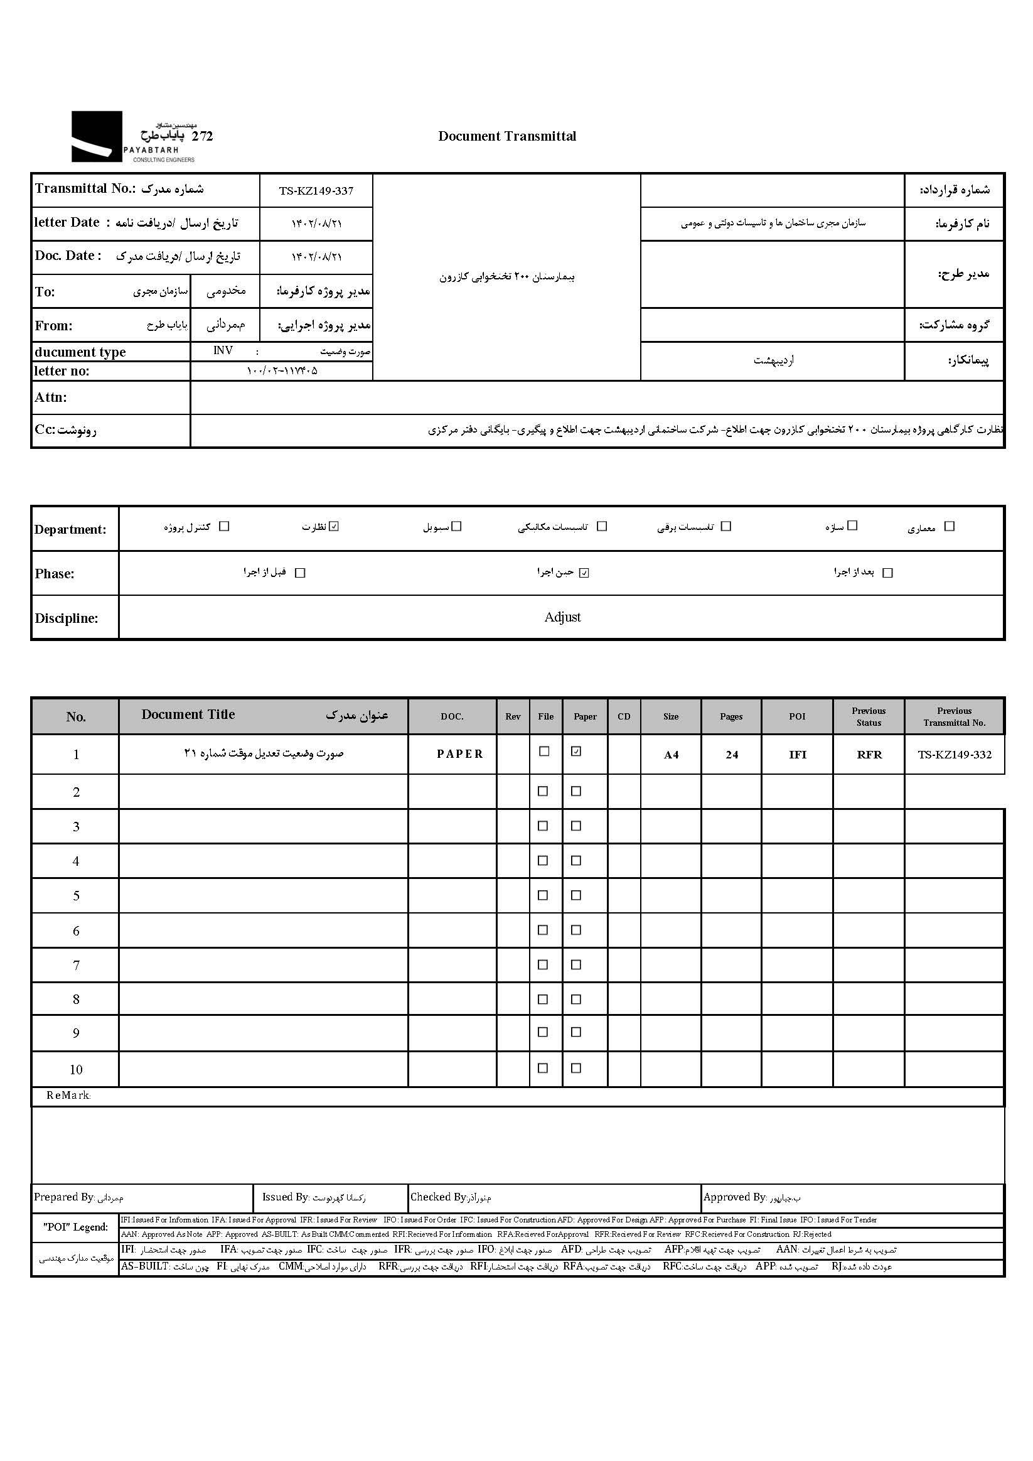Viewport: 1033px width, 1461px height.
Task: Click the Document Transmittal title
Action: pyautogui.click(x=507, y=136)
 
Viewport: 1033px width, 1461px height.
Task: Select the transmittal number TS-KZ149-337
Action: pyautogui.click(x=316, y=191)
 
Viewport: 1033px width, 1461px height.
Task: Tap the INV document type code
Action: pyautogui.click(x=223, y=350)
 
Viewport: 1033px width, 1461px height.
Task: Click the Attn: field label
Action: pyautogui.click(x=51, y=397)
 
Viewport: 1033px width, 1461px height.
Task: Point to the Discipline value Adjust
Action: pyautogui.click(x=562, y=617)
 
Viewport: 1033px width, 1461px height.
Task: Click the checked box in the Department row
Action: pyautogui.click(x=335, y=526)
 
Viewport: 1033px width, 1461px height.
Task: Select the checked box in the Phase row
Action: pyautogui.click(x=584, y=573)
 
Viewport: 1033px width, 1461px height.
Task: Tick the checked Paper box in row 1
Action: pyautogui.click(x=576, y=752)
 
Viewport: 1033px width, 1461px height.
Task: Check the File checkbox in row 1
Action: pyautogui.click(x=544, y=752)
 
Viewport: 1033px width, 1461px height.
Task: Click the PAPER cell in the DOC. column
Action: pyautogui.click(x=460, y=754)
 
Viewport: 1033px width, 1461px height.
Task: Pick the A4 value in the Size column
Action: pyautogui.click(x=671, y=755)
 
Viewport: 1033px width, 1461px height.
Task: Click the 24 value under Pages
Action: pyautogui.click(x=732, y=755)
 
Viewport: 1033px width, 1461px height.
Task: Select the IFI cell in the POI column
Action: pyautogui.click(x=797, y=755)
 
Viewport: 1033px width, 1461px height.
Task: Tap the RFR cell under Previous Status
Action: pyautogui.click(x=869, y=755)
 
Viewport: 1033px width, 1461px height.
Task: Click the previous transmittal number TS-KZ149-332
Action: pyautogui.click(x=954, y=755)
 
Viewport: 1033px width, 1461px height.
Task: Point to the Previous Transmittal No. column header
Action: pyautogui.click(x=954, y=716)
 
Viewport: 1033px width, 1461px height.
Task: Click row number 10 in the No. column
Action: pyautogui.click(x=76, y=1070)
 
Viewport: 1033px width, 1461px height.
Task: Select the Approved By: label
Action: pyautogui.click(x=735, y=1197)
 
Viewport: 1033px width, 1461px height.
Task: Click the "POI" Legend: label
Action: pyautogui.click(x=75, y=1227)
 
